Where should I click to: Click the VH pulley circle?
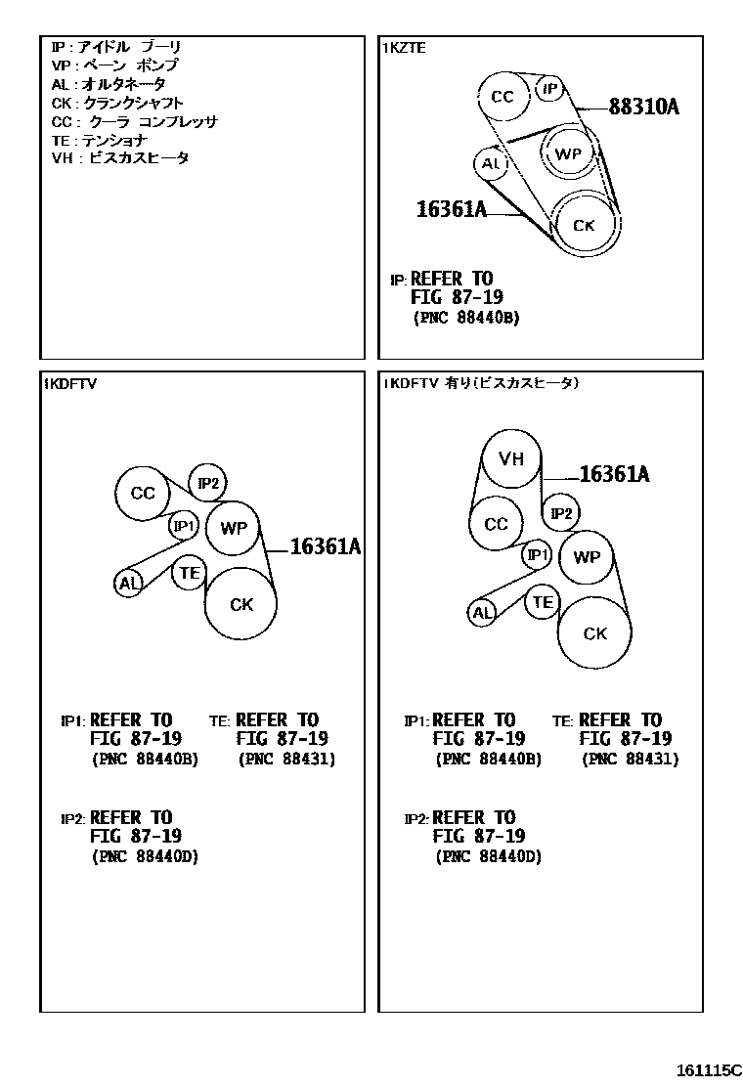(511, 458)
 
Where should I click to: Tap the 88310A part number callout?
(643, 107)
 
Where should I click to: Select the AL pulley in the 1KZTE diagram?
(491, 163)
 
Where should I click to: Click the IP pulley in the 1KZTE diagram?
(550, 90)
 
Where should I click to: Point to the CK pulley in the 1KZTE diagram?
(584, 226)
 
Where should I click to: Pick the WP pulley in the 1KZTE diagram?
(567, 153)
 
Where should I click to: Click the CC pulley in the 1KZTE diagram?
(503, 96)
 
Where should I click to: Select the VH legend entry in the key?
(120, 158)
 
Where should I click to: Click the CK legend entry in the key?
(117, 103)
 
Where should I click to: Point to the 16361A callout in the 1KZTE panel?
(451, 208)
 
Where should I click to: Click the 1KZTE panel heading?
(405, 47)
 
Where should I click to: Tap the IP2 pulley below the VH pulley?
(561, 512)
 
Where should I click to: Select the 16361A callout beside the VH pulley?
(614, 475)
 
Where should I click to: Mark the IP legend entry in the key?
(116, 47)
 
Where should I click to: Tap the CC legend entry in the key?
(134, 121)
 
